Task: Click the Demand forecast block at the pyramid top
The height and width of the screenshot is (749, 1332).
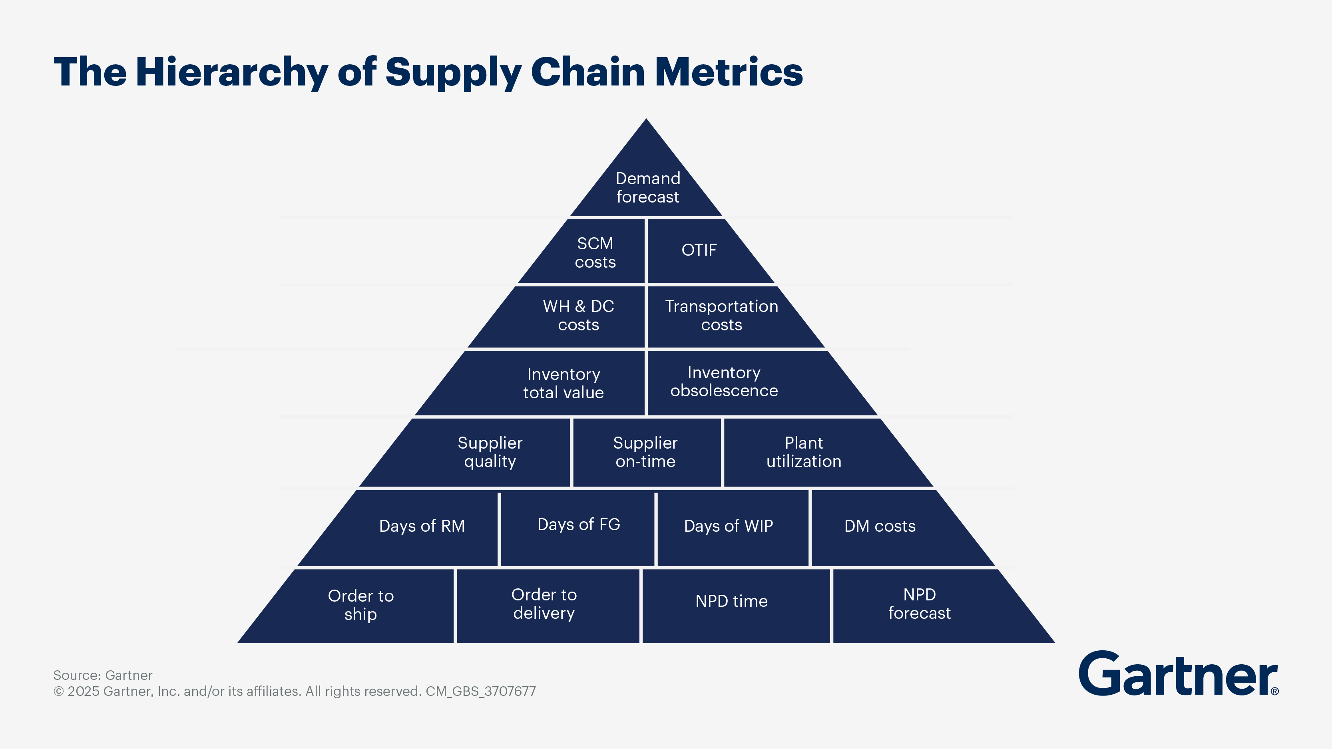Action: (x=646, y=181)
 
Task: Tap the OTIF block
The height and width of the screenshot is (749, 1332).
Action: (x=701, y=252)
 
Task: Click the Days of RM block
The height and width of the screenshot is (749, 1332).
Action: (x=408, y=528)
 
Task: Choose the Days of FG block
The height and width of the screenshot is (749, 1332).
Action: (x=577, y=528)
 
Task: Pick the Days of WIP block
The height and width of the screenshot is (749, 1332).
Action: (x=733, y=528)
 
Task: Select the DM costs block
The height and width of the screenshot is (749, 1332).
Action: (x=889, y=528)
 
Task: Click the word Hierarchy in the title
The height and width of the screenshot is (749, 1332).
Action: (x=232, y=72)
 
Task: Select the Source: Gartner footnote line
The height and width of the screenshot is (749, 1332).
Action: (x=103, y=675)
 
